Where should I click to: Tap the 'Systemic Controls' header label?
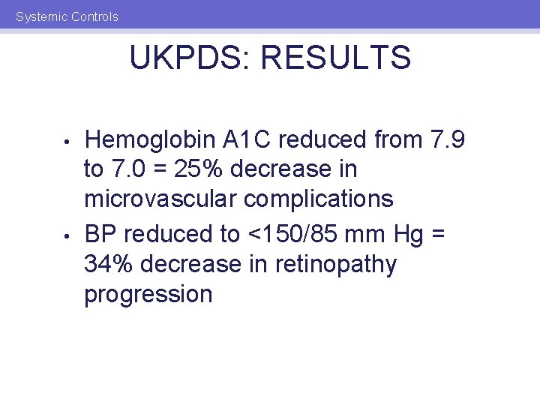(67, 16)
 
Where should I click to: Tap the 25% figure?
(197, 169)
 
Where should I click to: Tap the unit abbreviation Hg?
(407, 234)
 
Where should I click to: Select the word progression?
(148, 294)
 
